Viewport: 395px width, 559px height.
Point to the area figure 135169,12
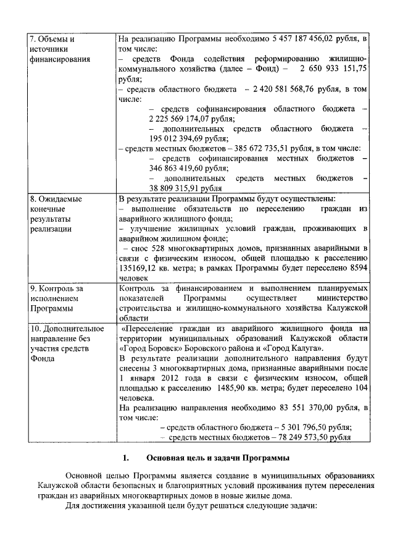tap(141, 268)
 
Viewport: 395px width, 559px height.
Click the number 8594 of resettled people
tap(358, 268)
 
